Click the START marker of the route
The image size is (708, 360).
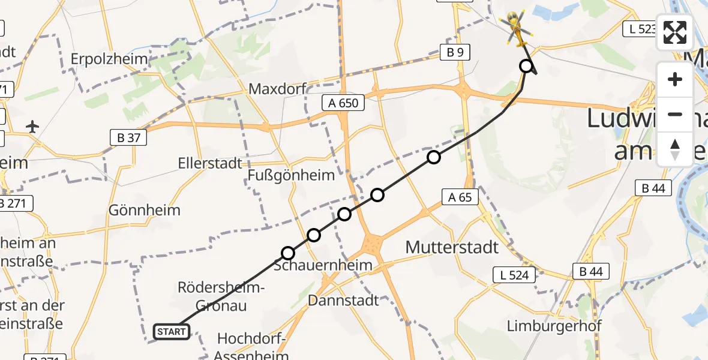172,331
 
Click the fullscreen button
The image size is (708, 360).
675,32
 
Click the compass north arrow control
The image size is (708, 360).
675,149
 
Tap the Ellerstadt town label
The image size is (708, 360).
210,163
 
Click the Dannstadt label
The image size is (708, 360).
343,300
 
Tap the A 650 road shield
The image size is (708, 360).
343,103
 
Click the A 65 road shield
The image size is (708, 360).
460,196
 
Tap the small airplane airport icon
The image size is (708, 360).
32,127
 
